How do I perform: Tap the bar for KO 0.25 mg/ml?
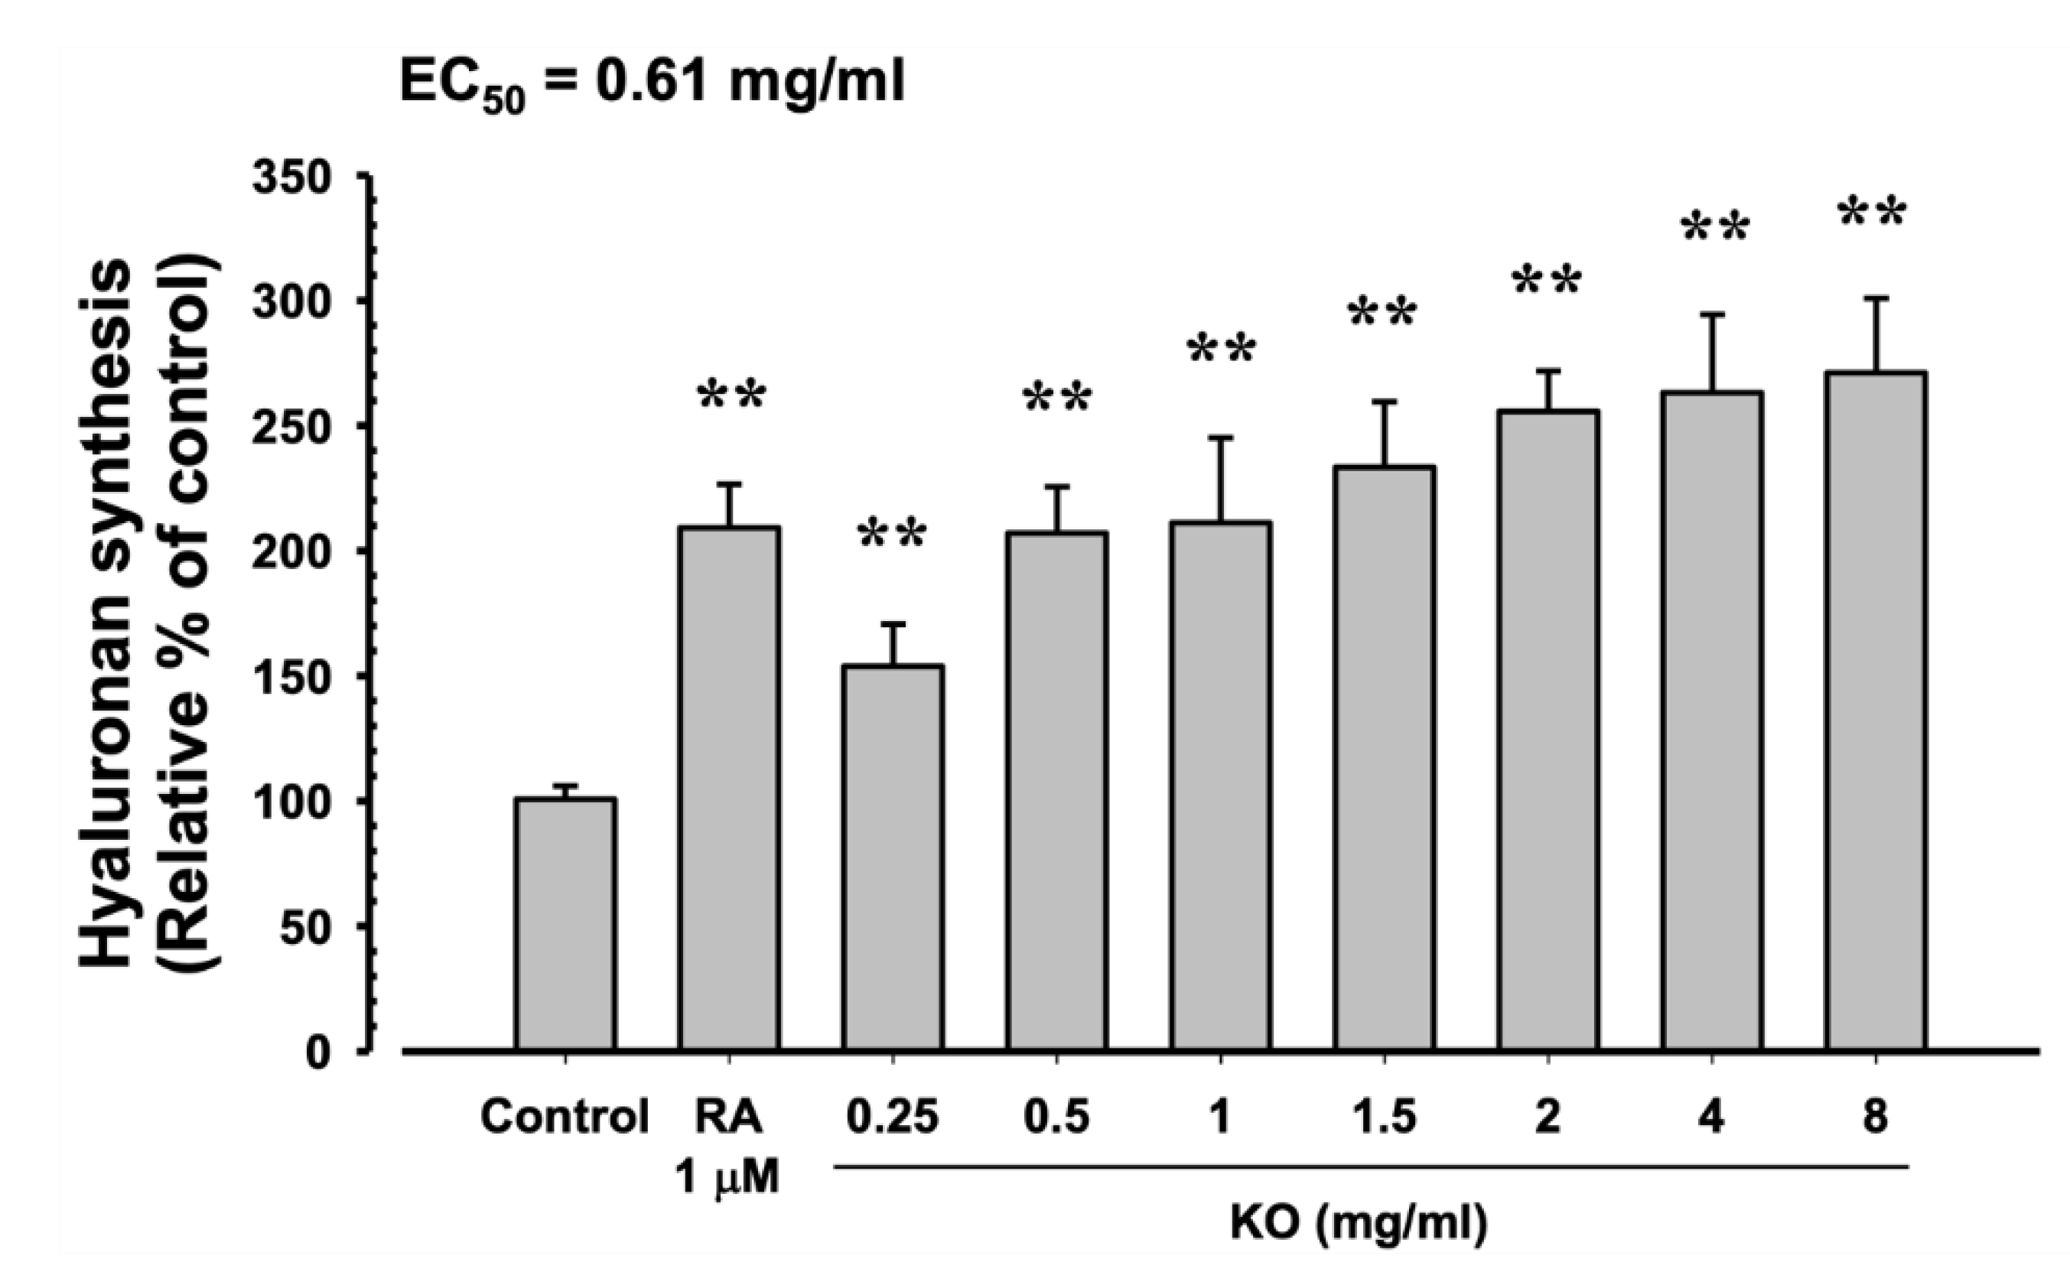[x=893, y=857]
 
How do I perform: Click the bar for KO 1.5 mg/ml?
[x=1384, y=758]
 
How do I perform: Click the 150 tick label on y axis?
[x=294, y=677]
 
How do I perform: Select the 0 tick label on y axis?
[x=318, y=1052]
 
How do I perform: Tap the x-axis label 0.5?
[x=1056, y=1118]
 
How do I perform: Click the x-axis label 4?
[x=1712, y=1118]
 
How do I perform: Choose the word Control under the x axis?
[x=565, y=1118]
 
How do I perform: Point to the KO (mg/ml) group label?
[x=1359, y=1225]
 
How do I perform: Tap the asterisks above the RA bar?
[x=732, y=395]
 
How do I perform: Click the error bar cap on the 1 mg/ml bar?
[x=1220, y=438]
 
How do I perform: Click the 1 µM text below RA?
[x=728, y=1179]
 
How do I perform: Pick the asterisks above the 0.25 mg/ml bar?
[x=893, y=535]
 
